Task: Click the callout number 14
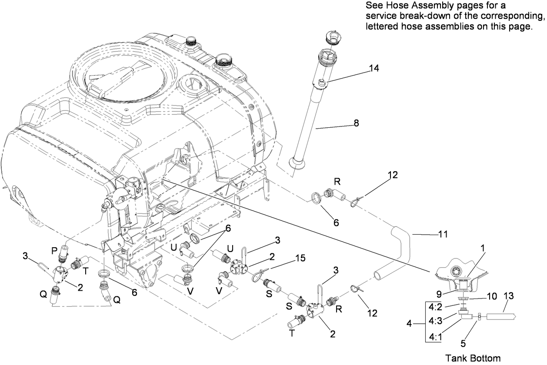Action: tap(374, 68)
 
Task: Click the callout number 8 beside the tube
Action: tap(356, 123)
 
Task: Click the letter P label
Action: tap(54, 251)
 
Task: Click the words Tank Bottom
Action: tap(473, 358)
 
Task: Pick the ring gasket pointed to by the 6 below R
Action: tap(317, 198)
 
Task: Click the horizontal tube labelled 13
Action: tap(500, 317)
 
